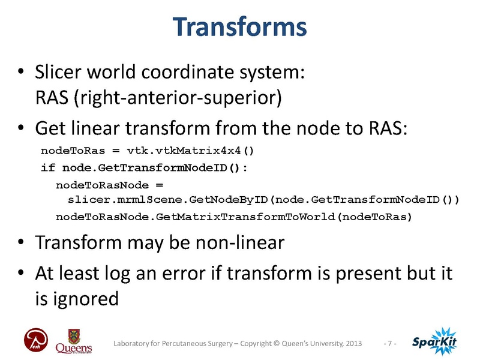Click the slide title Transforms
[239, 27]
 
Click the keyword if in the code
[46, 167]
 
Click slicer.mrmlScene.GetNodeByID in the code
[169, 200]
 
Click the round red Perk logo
[34, 341]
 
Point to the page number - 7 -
[391, 343]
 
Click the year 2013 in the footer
[353, 343]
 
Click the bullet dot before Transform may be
[21, 245]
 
